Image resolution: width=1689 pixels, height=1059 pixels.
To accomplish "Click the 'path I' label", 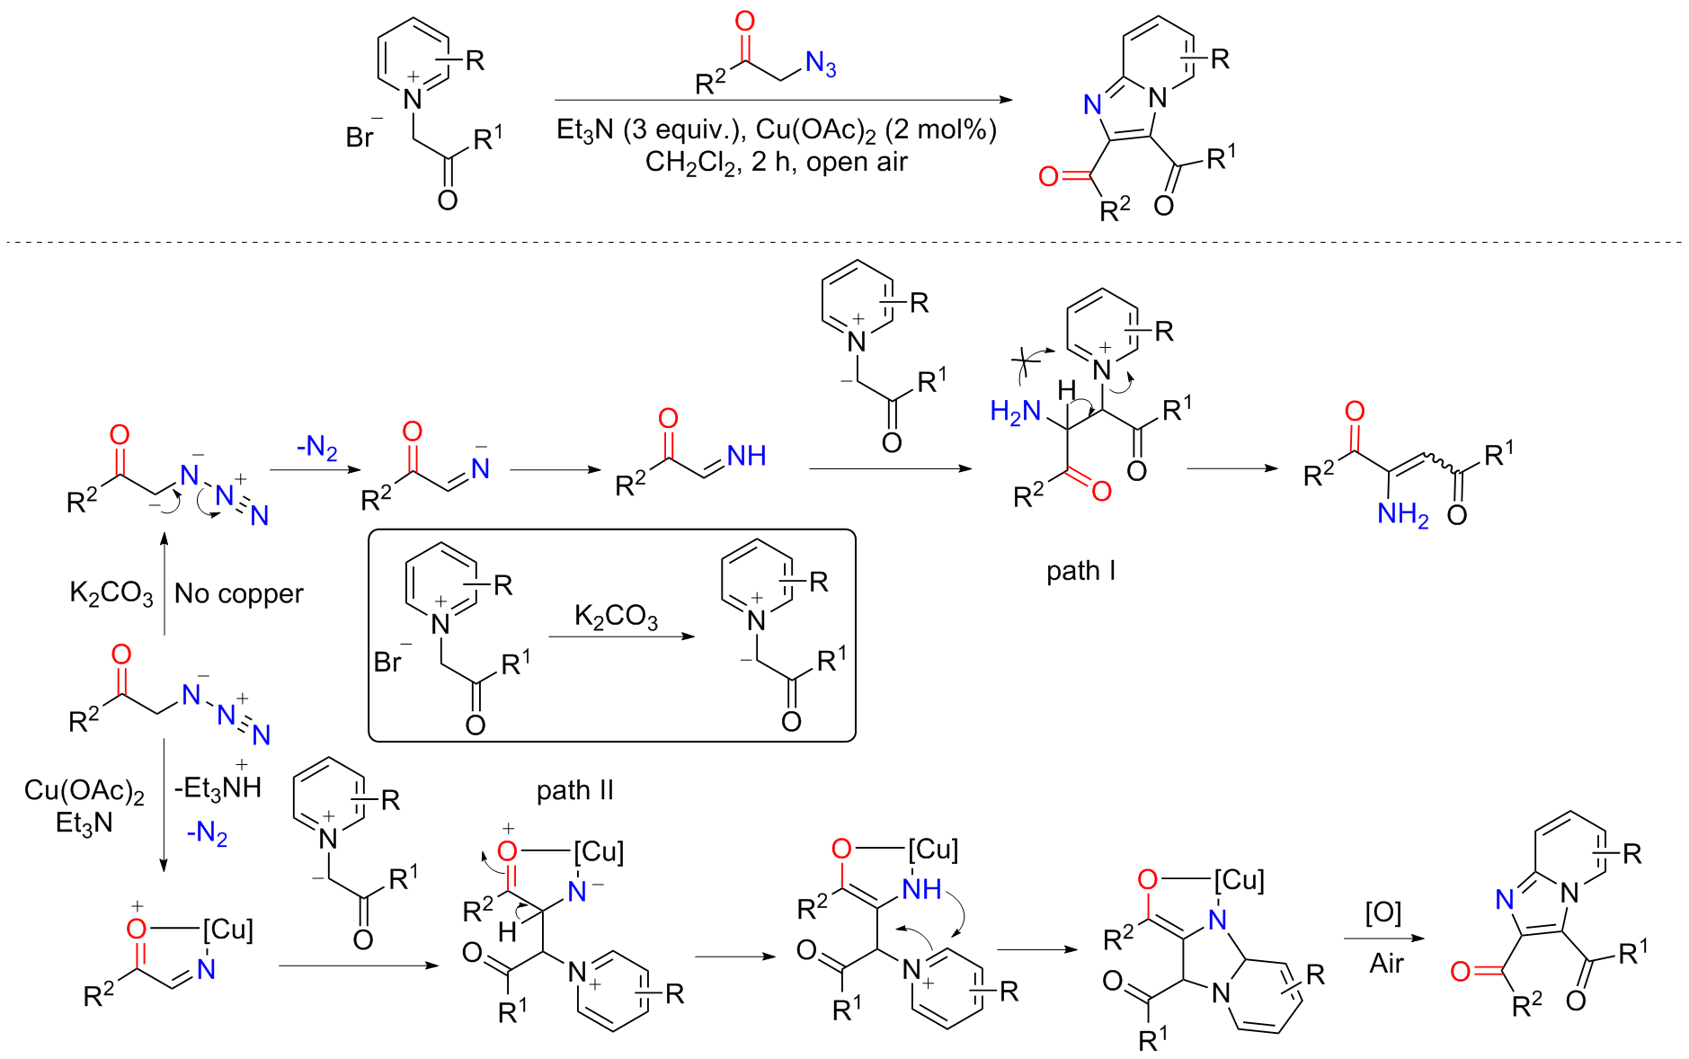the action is click(1080, 571).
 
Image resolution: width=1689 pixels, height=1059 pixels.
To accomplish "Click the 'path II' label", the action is click(574, 790).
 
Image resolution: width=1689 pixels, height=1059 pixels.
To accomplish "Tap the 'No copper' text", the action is click(238, 593).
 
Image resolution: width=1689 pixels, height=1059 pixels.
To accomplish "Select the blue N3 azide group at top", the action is click(821, 64).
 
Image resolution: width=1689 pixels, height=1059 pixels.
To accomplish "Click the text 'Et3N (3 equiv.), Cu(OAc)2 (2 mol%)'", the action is click(777, 130).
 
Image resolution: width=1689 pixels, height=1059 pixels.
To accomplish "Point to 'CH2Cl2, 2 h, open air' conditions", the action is click(777, 163).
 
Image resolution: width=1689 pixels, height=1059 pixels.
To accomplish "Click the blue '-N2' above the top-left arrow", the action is click(317, 447).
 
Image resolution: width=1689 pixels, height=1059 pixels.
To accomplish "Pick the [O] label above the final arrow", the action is click(1383, 913).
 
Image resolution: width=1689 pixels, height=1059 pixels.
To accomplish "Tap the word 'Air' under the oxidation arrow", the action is click(1386, 963).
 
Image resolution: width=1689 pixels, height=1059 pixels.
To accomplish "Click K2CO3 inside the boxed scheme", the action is click(616, 617).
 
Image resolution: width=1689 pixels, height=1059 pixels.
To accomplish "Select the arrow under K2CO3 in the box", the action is click(622, 636).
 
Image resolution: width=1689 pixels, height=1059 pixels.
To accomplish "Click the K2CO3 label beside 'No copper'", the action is click(111, 593).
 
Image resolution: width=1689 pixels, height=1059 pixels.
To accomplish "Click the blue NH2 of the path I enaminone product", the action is click(1402, 514).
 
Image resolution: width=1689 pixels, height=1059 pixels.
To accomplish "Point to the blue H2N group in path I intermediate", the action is click(1016, 412).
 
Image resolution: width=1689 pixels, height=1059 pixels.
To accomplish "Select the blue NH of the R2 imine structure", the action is click(746, 456).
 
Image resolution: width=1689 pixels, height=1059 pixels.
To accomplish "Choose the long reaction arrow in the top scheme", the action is click(784, 100).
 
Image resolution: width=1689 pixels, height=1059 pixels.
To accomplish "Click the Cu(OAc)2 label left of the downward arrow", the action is click(84, 791).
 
